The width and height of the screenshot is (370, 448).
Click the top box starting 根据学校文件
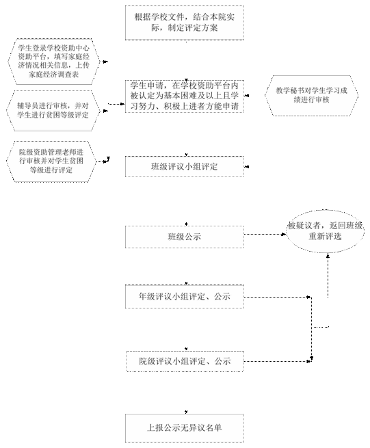point(185,23)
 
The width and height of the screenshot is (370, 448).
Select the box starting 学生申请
point(185,96)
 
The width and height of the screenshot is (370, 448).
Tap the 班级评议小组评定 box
point(185,167)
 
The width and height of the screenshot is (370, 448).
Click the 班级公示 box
point(185,237)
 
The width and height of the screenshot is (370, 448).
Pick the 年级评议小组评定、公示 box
point(185,297)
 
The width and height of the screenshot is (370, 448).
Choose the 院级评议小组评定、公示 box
point(185,361)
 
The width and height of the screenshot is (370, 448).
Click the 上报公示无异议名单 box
point(185,428)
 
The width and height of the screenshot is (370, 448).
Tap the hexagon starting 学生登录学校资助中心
point(54,62)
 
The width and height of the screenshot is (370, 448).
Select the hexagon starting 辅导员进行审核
point(53,111)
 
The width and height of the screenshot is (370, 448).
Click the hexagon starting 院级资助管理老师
point(51,161)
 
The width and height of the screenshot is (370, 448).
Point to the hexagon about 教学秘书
point(311,96)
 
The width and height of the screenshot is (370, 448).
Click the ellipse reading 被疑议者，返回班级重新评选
point(325,231)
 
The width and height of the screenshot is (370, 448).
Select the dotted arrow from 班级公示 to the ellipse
point(265,235)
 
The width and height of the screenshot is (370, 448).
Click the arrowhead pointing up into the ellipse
point(328,256)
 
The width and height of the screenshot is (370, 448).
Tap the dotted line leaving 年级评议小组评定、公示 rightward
point(277,297)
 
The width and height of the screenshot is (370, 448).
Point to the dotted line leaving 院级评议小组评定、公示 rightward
point(277,361)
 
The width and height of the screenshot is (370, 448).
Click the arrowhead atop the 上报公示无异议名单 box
point(186,412)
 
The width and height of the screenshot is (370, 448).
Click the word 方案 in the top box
point(209,28)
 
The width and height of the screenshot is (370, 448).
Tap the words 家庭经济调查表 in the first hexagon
point(54,75)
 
